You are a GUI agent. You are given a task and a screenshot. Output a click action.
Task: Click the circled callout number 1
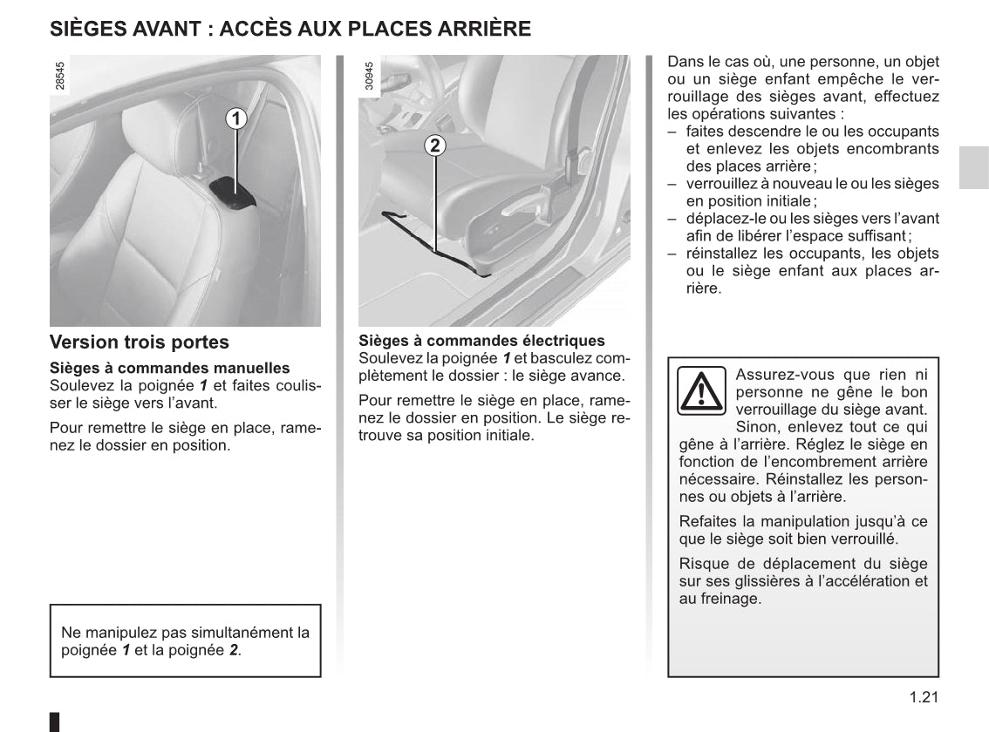pyautogui.click(x=236, y=118)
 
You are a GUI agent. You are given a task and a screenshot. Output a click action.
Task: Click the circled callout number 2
pyautogui.click(x=435, y=146)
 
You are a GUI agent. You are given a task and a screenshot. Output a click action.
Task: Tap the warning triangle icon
pyautogui.click(x=700, y=390)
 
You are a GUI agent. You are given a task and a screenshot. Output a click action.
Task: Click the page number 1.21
pyautogui.click(x=922, y=696)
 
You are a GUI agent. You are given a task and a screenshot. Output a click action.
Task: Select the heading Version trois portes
pyautogui.click(x=140, y=342)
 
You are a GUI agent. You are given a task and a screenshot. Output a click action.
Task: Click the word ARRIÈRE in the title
pyautogui.click(x=484, y=29)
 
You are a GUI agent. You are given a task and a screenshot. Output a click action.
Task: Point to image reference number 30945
pyautogui.click(x=369, y=76)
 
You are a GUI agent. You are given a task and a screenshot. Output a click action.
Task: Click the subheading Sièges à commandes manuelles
pyautogui.click(x=169, y=369)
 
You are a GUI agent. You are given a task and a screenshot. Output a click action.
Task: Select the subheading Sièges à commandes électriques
pyautogui.click(x=481, y=341)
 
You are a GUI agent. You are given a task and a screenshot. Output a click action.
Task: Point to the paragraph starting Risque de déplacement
pyautogui.click(x=802, y=581)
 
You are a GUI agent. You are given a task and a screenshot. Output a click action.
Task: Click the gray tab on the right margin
pyautogui.click(x=973, y=167)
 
